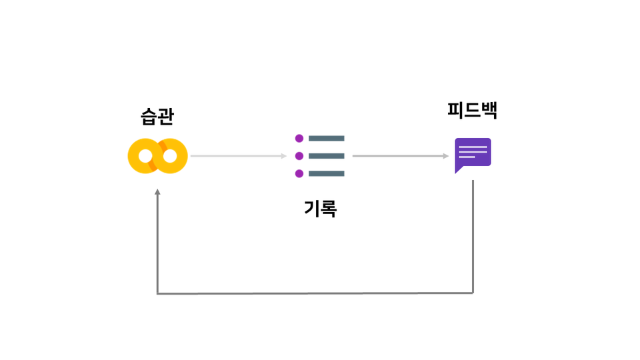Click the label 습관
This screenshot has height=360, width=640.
click(x=157, y=117)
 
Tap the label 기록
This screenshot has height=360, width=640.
click(x=321, y=208)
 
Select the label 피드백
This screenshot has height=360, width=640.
click(x=472, y=110)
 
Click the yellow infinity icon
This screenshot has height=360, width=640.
click(x=157, y=156)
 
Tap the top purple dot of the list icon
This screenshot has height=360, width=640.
click(x=299, y=139)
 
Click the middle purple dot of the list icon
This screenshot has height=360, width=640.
click(x=299, y=156)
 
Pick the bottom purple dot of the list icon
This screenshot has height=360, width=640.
click(x=299, y=173)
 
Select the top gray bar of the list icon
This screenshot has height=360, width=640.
click(x=327, y=139)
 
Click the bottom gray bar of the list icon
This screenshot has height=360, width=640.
click(x=327, y=173)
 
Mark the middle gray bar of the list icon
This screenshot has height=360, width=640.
click(x=327, y=156)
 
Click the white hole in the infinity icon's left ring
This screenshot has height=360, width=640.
click(x=145, y=156)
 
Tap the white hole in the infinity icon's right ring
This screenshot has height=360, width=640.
click(x=170, y=156)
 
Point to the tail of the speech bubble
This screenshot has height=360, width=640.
click(x=458, y=169)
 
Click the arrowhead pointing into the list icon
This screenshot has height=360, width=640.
click(x=284, y=156)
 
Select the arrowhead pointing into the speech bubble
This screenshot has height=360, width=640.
click(x=446, y=156)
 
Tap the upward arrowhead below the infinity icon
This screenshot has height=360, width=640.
click(x=157, y=191)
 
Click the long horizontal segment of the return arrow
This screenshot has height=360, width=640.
click(x=315, y=293)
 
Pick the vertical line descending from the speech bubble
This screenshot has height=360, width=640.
click(x=473, y=236)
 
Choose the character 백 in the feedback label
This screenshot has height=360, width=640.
click(x=489, y=110)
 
